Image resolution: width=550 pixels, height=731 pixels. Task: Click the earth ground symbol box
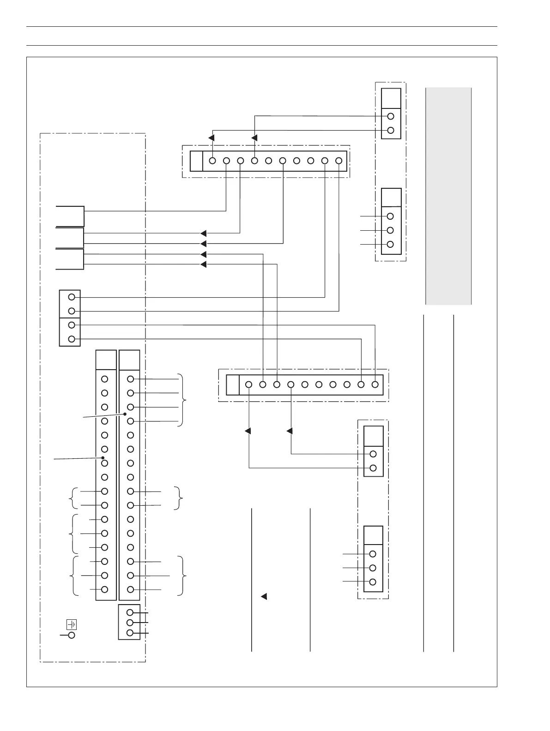[72, 625]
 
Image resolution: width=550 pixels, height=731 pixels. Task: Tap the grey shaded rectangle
[448, 196]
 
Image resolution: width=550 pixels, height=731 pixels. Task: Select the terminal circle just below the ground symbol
[72, 635]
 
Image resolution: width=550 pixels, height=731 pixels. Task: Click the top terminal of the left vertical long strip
[105, 379]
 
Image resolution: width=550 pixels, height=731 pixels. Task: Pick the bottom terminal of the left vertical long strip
[105, 589]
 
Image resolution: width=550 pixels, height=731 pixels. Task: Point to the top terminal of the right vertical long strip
[131, 379]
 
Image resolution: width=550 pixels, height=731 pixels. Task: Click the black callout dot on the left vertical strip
[103, 457]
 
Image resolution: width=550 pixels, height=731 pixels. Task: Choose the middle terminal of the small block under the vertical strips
[130, 623]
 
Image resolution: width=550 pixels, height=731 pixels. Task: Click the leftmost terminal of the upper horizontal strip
[212, 161]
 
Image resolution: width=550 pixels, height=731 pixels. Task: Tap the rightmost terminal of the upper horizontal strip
[338, 161]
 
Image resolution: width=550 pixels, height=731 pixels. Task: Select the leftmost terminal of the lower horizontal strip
[249, 384]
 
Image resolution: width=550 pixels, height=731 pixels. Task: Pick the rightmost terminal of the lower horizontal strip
[375, 384]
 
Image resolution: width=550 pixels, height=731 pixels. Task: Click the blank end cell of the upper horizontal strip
[196, 161]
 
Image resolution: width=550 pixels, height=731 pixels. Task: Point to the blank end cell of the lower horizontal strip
[233, 384]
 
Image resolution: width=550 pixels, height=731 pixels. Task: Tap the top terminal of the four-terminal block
[72, 297]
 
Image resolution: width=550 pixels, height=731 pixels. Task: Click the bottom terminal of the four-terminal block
[72, 339]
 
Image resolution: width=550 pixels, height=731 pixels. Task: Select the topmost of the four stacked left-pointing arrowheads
[204, 233]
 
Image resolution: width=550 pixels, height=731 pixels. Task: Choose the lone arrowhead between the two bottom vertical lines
[264, 596]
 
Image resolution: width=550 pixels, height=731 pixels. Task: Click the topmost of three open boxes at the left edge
[70, 216]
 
